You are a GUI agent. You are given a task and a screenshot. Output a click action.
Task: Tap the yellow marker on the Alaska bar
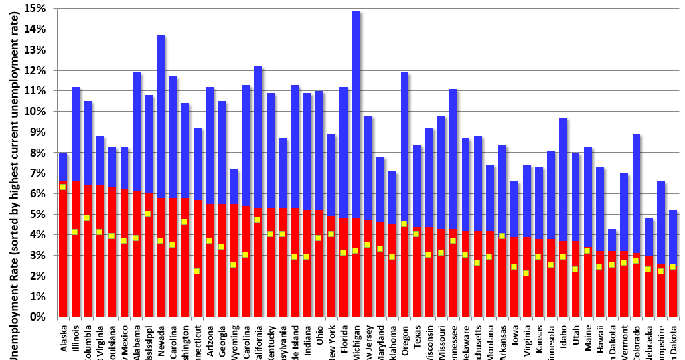(x=63, y=187)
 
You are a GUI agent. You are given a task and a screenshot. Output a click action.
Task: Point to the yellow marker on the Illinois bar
(x=75, y=232)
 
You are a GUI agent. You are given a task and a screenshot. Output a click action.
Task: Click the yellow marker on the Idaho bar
(x=563, y=257)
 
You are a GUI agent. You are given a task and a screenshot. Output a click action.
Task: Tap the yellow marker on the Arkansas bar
(x=502, y=236)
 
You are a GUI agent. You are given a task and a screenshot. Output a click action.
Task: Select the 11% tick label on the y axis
(x=35, y=91)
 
